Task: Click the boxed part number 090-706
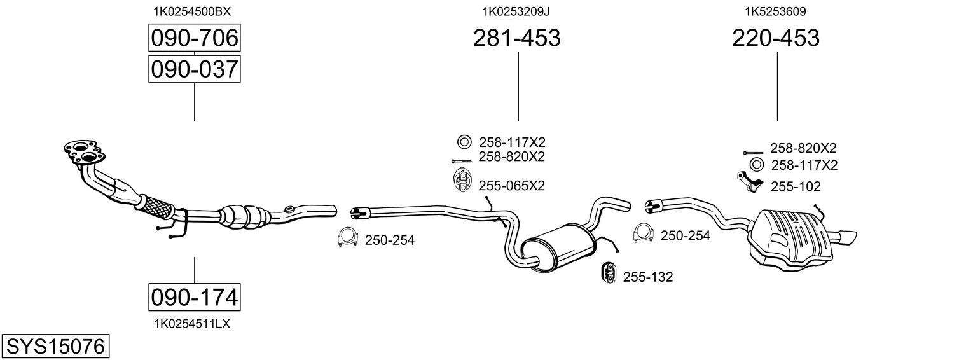pos(194,39)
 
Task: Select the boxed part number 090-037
pos(194,69)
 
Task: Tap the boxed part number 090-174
pos(194,296)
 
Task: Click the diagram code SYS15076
pos(55,347)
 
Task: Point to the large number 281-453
pos(516,39)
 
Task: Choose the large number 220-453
pos(776,39)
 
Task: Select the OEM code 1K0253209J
pos(516,11)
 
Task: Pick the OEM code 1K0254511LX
pos(192,324)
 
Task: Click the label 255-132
pos(647,277)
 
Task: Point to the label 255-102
pos(796,186)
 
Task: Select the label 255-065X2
pos(511,185)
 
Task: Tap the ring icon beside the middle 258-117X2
pos(464,141)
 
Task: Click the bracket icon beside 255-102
pos(748,182)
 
